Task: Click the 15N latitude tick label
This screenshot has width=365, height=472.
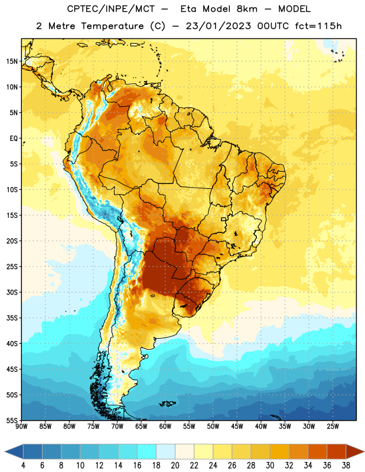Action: tap(12, 61)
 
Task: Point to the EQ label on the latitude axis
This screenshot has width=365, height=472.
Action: tap(14, 139)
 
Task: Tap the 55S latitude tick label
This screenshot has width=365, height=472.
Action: tap(12, 421)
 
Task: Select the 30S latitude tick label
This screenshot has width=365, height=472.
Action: tap(12, 292)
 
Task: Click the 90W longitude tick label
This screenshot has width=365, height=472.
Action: tap(21, 426)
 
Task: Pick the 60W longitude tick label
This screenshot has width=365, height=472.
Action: tap(165, 426)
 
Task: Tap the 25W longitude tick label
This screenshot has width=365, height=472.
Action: tap(333, 426)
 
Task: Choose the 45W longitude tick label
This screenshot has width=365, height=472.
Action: tap(237, 426)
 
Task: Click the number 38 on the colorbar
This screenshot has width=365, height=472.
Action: tap(346, 466)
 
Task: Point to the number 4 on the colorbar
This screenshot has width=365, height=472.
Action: tap(23, 466)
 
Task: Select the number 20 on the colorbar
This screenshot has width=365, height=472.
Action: tap(175, 466)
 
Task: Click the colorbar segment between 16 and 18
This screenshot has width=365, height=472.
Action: tap(146, 451)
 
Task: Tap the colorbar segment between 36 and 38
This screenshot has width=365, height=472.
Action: tap(337, 451)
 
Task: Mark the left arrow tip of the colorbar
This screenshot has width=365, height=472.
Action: tap(5, 451)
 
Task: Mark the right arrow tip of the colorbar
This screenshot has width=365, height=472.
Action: tap(364, 451)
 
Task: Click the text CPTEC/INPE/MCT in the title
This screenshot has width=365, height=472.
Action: tap(110, 9)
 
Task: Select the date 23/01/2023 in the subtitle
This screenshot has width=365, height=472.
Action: tap(218, 26)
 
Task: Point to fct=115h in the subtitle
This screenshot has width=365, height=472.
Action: tap(318, 26)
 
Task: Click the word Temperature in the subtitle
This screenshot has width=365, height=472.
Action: tap(112, 26)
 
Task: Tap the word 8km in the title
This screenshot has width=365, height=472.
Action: tap(247, 9)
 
